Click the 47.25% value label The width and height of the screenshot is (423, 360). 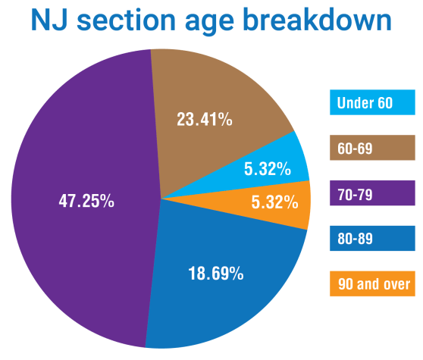pos(86,201)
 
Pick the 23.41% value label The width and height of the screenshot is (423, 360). pos(205,119)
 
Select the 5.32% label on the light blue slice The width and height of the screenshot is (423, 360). pos(268,170)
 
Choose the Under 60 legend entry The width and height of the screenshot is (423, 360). pos(372,103)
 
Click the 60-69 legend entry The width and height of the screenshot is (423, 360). pos(372,148)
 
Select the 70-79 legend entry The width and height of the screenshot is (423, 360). pos(372,193)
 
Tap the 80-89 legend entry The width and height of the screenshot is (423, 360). pos(372,239)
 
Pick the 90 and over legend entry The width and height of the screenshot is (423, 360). pos(372,284)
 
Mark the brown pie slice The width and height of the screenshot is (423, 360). pos(220,91)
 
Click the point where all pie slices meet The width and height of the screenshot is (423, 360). pos(161,199)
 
